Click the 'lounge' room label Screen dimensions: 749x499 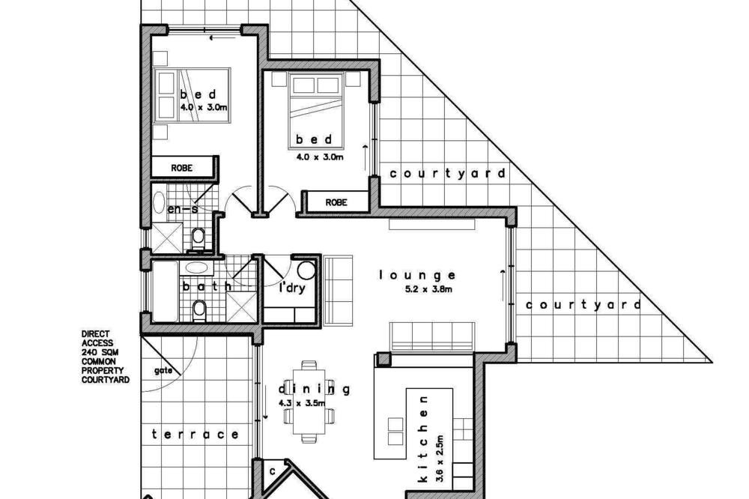(x=417, y=275)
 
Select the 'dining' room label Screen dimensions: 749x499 (x=314, y=390)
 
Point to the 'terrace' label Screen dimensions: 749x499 (x=195, y=435)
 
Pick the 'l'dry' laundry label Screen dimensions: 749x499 (x=292, y=288)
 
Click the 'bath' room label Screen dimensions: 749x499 (x=207, y=286)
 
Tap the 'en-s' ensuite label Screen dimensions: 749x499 (x=183, y=209)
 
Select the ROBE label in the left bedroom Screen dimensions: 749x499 (x=181, y=168)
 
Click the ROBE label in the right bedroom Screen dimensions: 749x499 (x=336, y=202)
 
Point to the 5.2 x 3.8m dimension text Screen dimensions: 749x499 (x=428, y=289)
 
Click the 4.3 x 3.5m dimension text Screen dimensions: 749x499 (x=302, y=403)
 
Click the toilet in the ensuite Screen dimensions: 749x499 (x=197, y=238)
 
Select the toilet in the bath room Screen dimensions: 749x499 (x=198, y=311)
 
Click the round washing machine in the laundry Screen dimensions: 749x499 (x=306, y=270)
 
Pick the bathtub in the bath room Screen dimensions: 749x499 (x=165, y=291)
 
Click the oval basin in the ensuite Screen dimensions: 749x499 (x=159, y=202)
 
